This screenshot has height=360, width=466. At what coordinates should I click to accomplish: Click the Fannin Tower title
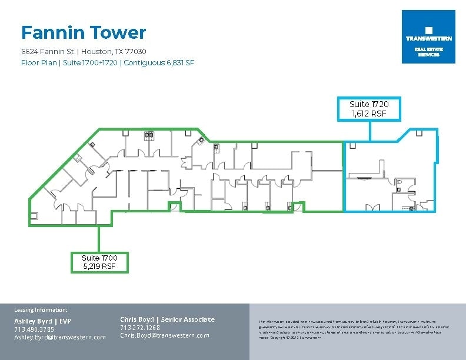84,32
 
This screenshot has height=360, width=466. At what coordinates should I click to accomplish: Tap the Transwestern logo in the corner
428,36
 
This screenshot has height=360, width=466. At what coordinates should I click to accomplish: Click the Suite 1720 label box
369,109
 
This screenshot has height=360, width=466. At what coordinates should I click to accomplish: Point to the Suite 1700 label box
99,262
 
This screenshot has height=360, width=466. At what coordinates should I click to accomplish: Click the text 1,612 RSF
369,114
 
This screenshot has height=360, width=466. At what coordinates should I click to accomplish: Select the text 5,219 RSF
99,266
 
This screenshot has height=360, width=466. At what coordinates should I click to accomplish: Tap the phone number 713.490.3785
34,329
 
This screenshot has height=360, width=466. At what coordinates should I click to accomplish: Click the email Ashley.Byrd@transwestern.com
60,337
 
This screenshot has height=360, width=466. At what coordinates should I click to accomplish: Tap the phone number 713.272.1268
140,328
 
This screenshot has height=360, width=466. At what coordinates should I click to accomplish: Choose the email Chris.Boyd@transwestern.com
164,335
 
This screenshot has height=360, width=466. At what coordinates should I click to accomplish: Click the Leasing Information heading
41,309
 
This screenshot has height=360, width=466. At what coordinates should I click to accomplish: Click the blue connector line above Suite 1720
370,131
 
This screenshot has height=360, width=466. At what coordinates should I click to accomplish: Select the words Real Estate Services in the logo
428,52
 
